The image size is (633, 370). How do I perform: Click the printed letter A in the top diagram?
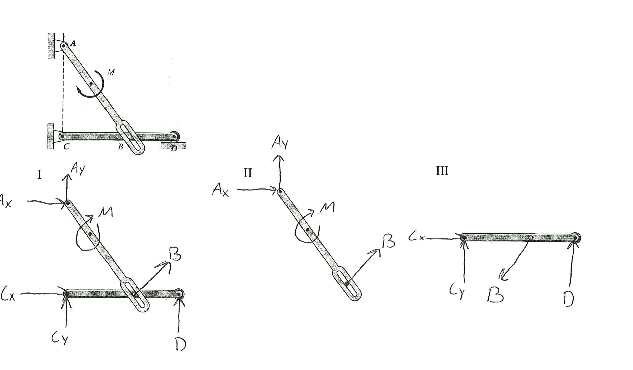tap(73, 43)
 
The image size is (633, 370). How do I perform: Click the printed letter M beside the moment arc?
tap(111, 72)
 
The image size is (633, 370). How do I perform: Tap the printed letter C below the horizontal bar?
tap(66, 146)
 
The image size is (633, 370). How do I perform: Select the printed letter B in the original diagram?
tap(121, 147)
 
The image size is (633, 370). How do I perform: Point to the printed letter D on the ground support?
tap(174, 149)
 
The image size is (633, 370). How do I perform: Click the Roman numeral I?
tap(40, 174)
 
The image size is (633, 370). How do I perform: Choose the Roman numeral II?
tap(248, 173)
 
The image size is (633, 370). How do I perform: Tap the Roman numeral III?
tap(442, 171)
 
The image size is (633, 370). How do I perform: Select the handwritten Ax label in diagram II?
tap(221, 190)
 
